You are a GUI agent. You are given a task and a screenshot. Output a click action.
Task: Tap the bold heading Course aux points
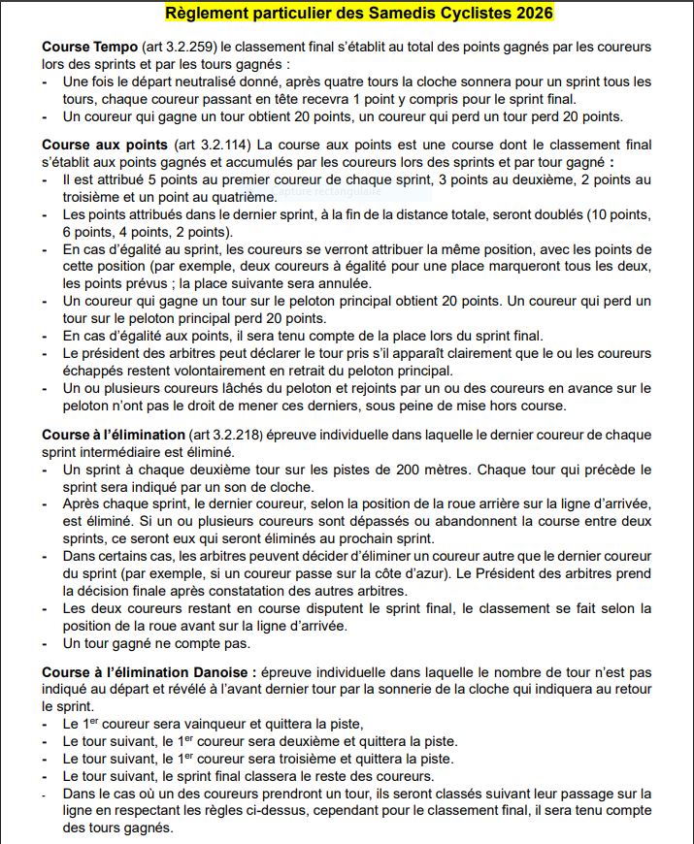102,146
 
